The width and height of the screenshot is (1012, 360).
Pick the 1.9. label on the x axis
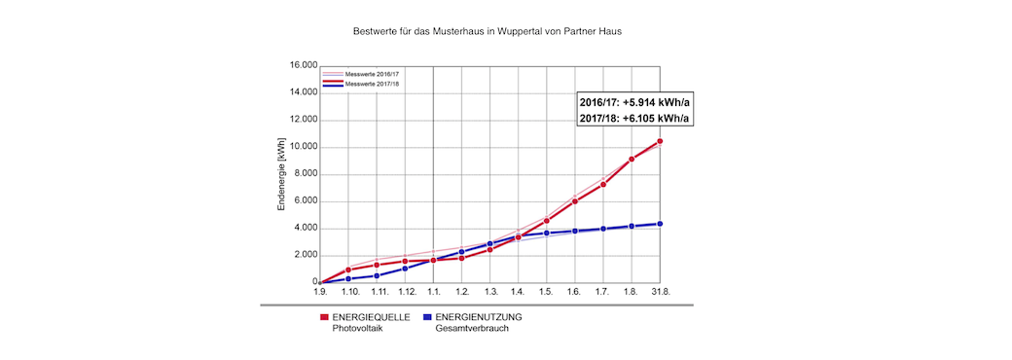point(319,292)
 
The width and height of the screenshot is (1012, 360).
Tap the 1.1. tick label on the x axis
point(433,292)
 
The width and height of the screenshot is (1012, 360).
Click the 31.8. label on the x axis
point(661,292)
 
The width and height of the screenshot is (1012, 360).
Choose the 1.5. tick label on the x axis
point(547,292)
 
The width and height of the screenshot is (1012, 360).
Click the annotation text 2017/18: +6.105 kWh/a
point(634,119)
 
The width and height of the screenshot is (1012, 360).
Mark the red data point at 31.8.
point(661,141)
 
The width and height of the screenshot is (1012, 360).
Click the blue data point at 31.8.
point(661,224)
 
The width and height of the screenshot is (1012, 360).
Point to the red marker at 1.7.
point(603,185)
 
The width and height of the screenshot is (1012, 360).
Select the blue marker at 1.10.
point(347,279)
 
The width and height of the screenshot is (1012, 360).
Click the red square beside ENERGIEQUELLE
point(324,317)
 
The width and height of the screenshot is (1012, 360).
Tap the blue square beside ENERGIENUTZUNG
point(427,317)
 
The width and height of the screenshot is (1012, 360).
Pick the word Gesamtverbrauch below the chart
point(472,328)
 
